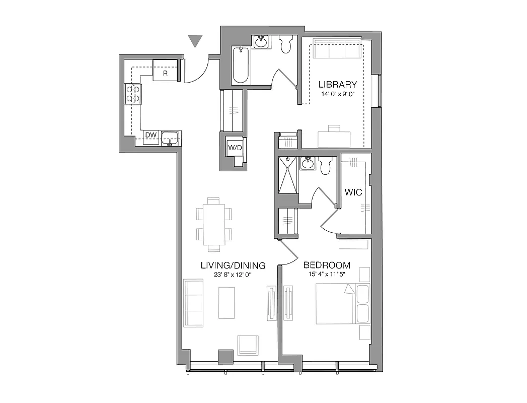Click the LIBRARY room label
[x=338, y=85]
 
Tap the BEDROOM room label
[x=327, y=265]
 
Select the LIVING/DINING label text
[x=233, y=265]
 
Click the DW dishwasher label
[x=149, y=136]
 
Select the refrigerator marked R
[x=165, y=71]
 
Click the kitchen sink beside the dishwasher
[x=171, y=137]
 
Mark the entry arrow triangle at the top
[x=195, y=41]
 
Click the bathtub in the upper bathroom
[x=241, y=65]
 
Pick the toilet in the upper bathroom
[x=286, y=45]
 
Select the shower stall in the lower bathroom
[x=288, y=175]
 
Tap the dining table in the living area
[x=214, y=222]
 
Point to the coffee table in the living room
[x=227, y=302]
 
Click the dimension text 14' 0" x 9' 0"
[x=338, y=94]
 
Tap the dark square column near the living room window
[x=225, y=357]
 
